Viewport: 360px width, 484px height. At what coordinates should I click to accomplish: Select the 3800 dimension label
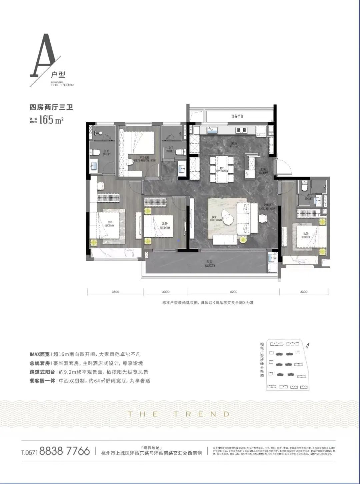coord(115,292)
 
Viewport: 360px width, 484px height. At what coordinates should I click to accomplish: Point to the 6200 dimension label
coord(234,292)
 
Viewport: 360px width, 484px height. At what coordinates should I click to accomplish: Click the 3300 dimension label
coord(304,292)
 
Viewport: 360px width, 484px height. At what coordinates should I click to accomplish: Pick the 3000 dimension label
coord(166,292)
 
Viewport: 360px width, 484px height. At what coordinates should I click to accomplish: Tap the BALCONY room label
coord(210,265)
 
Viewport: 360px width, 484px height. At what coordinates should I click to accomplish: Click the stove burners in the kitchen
coord(241,130)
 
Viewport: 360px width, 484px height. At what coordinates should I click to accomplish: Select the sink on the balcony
coord(273,258)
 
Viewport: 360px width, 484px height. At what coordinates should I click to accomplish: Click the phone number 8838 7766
coord(65,451)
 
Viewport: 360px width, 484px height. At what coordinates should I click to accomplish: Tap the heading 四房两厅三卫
coord(51,107)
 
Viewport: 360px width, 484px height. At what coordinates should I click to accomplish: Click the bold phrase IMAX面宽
coord(39,354)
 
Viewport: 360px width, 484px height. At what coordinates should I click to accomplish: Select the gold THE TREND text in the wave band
coord(179,414)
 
